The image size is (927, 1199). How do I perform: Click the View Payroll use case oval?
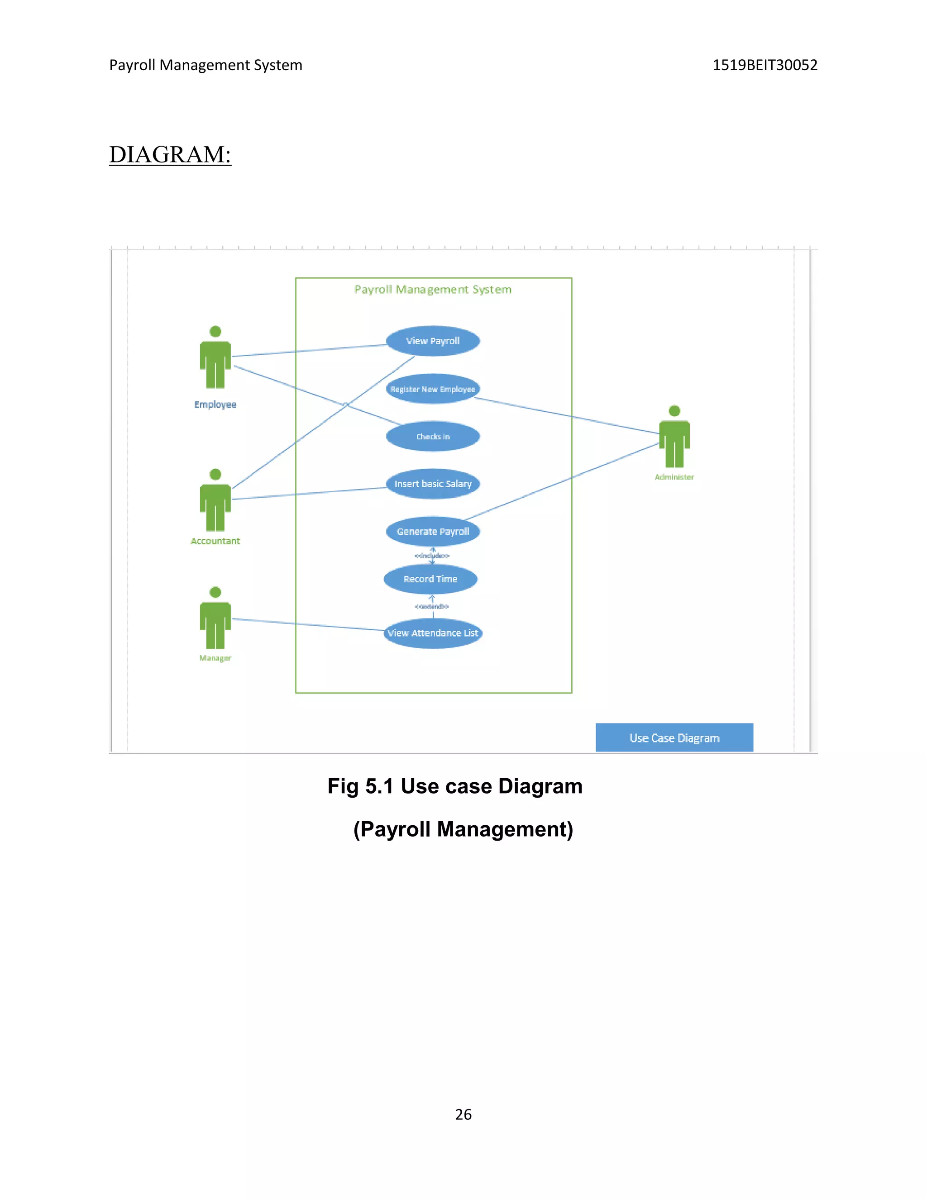coord(433,341)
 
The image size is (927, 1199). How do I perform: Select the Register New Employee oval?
coord(433,389)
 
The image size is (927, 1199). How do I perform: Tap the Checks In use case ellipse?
coord(433,437)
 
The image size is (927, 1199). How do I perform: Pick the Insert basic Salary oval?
coord(433,484)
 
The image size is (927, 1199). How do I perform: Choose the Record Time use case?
coord(430,579)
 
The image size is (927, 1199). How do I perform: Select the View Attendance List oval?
coord(433,633)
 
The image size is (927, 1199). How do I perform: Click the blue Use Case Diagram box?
coord(674,738)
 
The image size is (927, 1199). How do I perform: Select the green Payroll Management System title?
coord(433,289)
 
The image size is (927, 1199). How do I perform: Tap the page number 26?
coord(463,1114)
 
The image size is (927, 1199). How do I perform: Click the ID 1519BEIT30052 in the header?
coord(765,65)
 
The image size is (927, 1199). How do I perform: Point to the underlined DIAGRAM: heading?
coord(170,154)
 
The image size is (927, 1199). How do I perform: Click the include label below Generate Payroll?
coord(432,556)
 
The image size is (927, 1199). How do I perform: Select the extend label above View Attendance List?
coord(432,606)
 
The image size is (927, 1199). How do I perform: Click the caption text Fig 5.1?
coord(360,786)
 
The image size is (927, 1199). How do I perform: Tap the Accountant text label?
coord(215,541)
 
